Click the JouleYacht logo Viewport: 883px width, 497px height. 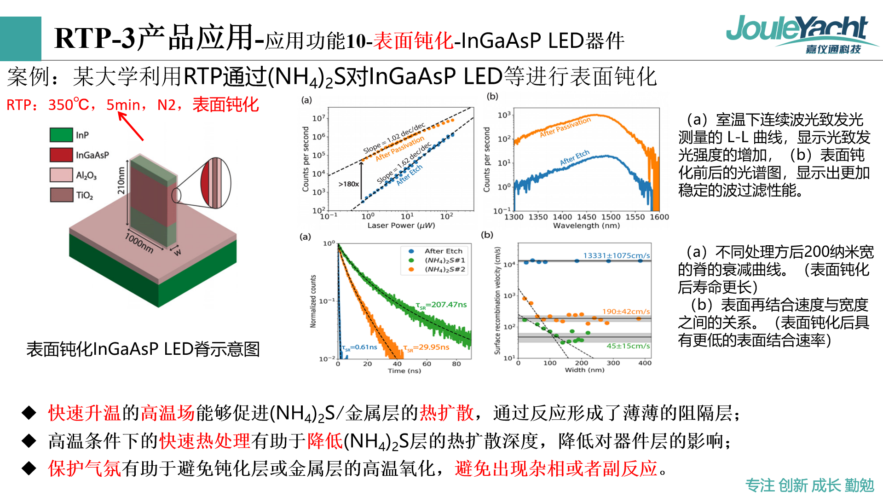[x=801, y=35]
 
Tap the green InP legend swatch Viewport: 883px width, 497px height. [x=61, y=135]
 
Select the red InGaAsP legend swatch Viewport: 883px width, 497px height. [x=61, y=155]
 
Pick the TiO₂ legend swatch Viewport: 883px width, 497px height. [x=61, y=195]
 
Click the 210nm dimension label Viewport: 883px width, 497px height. [x=121, y=180]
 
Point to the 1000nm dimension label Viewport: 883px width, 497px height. [x=139, y=242]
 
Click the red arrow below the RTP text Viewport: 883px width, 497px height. [x=131, y=126]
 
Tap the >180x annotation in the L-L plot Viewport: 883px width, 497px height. [x=349, y=184]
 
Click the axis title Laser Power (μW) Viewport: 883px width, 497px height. [x=401, y=225]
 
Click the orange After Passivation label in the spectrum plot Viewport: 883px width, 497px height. [x=565, y=127]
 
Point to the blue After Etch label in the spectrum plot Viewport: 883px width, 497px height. [x=575, y=157]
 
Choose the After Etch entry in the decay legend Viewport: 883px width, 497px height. [x=443, y=251]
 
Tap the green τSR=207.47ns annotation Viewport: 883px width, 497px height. [x=441, y=305]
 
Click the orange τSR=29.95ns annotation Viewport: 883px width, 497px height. [x=426, y=347]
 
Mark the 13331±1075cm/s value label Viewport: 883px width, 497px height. [x=617, y=255]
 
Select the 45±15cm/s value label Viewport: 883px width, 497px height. [x=628, y=346]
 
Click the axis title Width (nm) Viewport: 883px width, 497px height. [x=584, y=370]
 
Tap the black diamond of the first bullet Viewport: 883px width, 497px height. [x=29, y=413]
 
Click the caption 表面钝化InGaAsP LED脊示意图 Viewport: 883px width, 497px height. [x=143, y=349]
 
